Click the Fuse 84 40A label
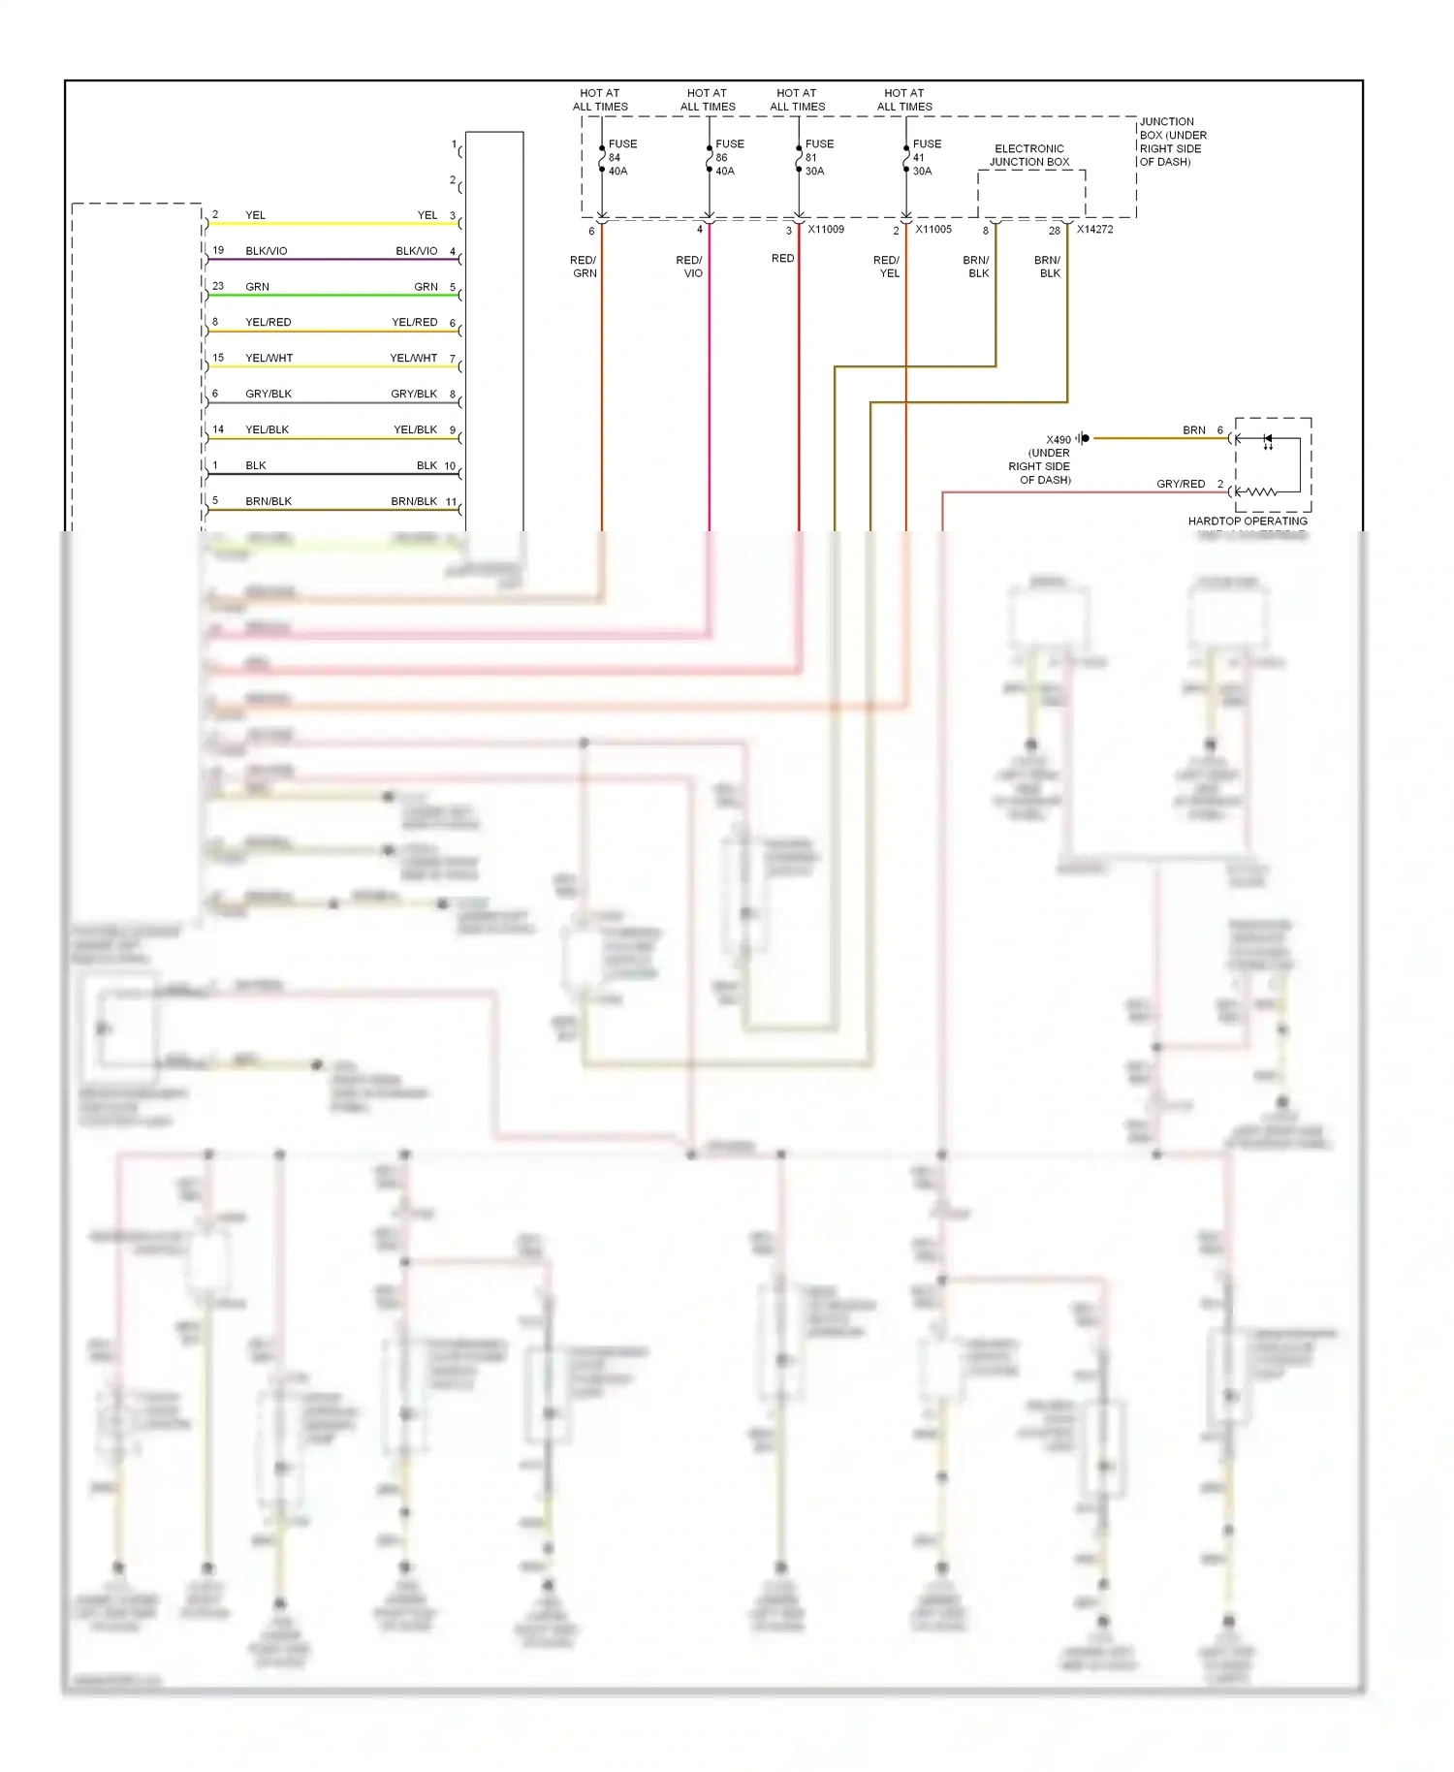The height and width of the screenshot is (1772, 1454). (621, 157)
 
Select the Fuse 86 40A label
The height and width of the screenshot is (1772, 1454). (728, 157)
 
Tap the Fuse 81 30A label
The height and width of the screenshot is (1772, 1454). (818, 157)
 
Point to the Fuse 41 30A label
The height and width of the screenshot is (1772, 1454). (925, 157)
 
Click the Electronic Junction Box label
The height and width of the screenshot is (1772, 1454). (1029, 155)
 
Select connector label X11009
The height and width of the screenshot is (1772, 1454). (826, 230)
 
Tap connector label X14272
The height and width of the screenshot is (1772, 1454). (1094, 230)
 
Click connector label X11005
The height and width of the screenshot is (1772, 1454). (933, 230)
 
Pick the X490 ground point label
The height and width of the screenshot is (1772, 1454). (1058, 439)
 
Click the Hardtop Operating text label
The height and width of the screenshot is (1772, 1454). (1248, 521)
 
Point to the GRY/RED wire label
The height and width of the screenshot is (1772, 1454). (1180, 484)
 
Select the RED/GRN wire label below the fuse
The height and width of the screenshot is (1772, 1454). (584, 267)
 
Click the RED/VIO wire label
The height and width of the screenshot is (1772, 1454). (689, 267)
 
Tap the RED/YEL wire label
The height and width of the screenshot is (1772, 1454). (887, 267)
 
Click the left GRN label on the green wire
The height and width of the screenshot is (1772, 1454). (257, 287)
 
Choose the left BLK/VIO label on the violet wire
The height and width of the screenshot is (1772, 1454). (266, 251)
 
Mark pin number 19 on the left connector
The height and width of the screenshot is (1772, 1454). (218, 250)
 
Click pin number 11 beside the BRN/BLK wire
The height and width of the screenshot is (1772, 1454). (451, 501)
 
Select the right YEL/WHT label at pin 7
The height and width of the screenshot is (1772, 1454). (413, 358)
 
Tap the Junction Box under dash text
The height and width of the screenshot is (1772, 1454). (1172, 142)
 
